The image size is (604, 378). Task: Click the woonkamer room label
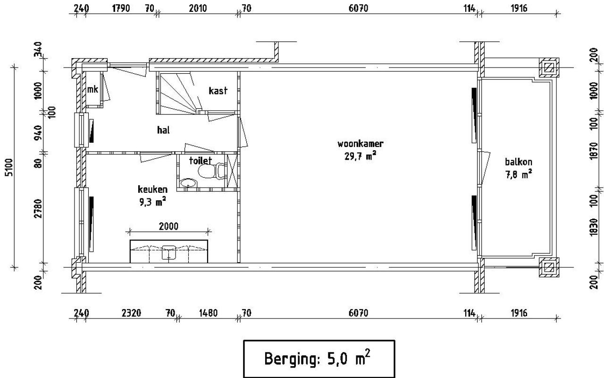(x=360, y=144)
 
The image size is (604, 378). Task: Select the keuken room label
(x=152, y=189)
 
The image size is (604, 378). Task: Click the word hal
(x=163, y=130)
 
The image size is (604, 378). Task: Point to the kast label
(x=218, y=90)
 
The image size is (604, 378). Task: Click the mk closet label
(x=92, y=89)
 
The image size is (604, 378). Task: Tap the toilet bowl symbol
(x=206, y=171)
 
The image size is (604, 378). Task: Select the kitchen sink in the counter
(x=168, y=252)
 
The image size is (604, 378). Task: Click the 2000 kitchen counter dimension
(x=168, y=226)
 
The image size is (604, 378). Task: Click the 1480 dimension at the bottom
(x=208, y=313)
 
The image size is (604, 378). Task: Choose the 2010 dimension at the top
(x=198, y=8)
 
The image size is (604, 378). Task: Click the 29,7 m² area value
(x=360, y=155)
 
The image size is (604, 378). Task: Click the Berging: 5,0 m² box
(x=319, y=358)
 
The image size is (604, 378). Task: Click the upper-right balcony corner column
(x=549, y=68)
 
